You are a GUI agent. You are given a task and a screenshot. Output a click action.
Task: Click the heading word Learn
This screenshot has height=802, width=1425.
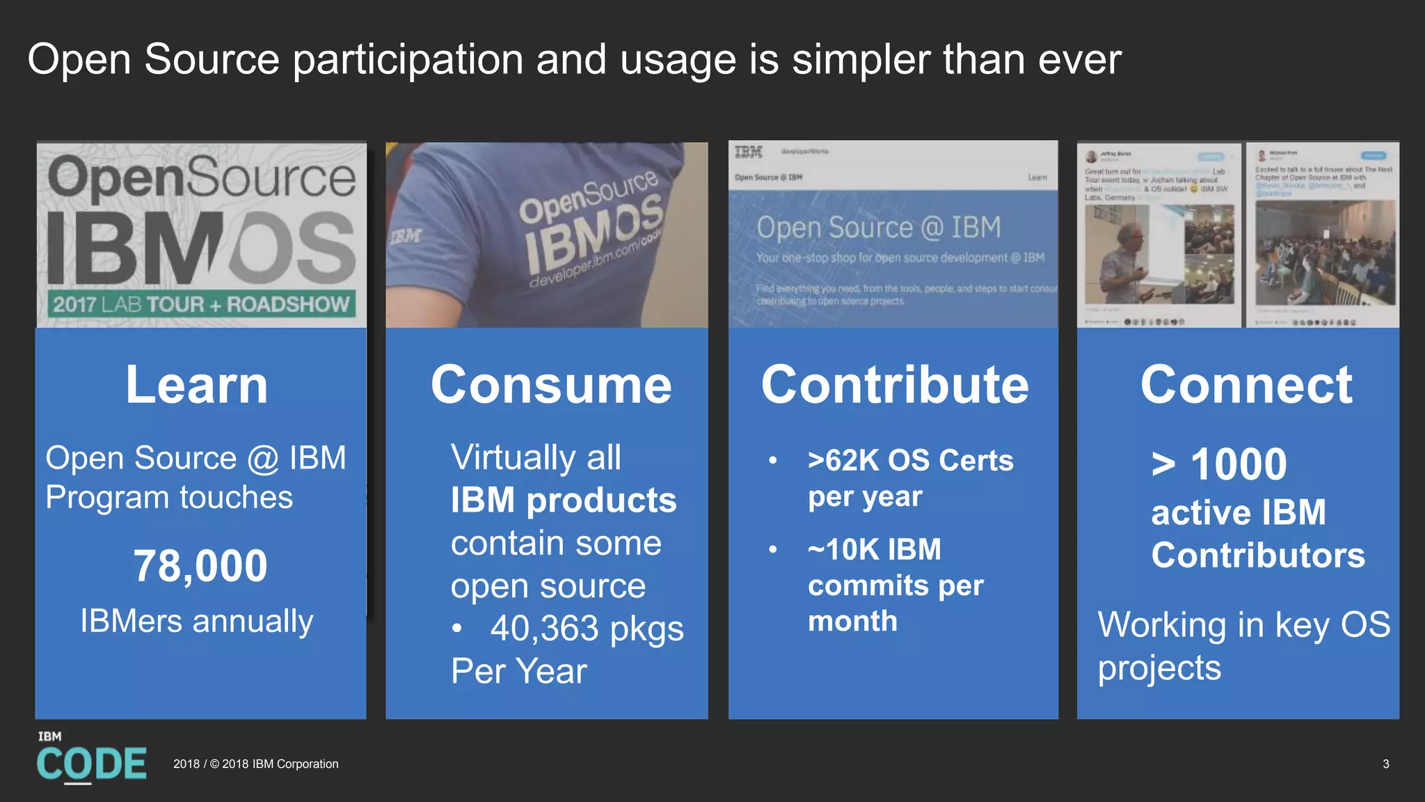pos(197,385)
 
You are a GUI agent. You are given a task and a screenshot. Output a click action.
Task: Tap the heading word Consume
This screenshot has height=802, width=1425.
pos(551,385)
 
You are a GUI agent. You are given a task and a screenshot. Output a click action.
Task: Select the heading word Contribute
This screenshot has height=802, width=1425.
pos(895,385)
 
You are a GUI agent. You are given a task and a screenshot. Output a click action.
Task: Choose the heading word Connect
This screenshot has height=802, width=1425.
pos(1246,385)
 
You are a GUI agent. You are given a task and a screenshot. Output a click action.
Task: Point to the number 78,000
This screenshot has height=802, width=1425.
pos(200,565)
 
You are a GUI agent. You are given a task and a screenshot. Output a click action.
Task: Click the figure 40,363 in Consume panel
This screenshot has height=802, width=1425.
pos(544,629)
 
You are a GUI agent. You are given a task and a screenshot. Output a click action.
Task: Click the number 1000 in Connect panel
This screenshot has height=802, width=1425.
pos(1239,464)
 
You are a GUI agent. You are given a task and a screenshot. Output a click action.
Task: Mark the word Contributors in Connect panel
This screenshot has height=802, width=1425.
pos(1258,556)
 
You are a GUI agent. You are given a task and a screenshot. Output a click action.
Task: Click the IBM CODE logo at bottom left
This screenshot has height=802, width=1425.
pos(91,759)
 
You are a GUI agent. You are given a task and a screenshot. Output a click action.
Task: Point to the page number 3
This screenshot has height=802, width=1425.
pos(1385,764)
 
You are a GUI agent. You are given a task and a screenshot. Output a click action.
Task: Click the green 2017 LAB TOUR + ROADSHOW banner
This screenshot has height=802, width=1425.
pos(201,304)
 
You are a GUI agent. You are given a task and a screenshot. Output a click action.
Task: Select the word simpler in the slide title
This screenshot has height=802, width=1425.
pos(860,60)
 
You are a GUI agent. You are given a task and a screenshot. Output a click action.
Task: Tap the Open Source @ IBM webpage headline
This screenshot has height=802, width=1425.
pos(878,228)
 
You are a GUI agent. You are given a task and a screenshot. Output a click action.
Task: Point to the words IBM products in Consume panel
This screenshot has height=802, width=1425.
pos(563,501)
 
